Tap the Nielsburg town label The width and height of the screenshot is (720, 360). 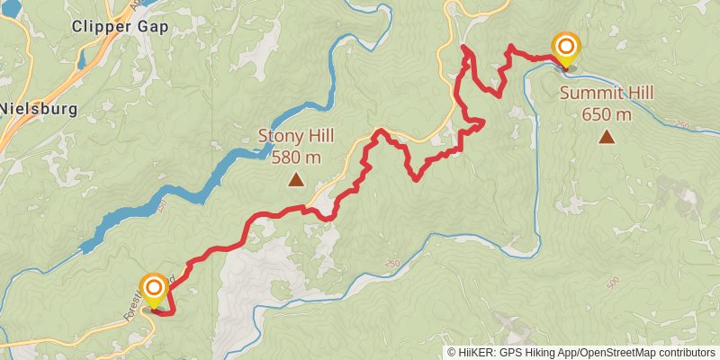[39, 109]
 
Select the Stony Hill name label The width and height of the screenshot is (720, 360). [295, 137]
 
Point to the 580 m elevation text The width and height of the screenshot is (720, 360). [295, 157]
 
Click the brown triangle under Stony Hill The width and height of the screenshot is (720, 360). [295, 180]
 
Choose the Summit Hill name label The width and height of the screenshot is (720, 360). [607, 93]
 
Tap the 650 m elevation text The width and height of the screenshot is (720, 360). [607, 114]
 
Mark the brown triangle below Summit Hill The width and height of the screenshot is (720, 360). [607, 137]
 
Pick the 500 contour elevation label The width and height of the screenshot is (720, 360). [613, 283]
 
